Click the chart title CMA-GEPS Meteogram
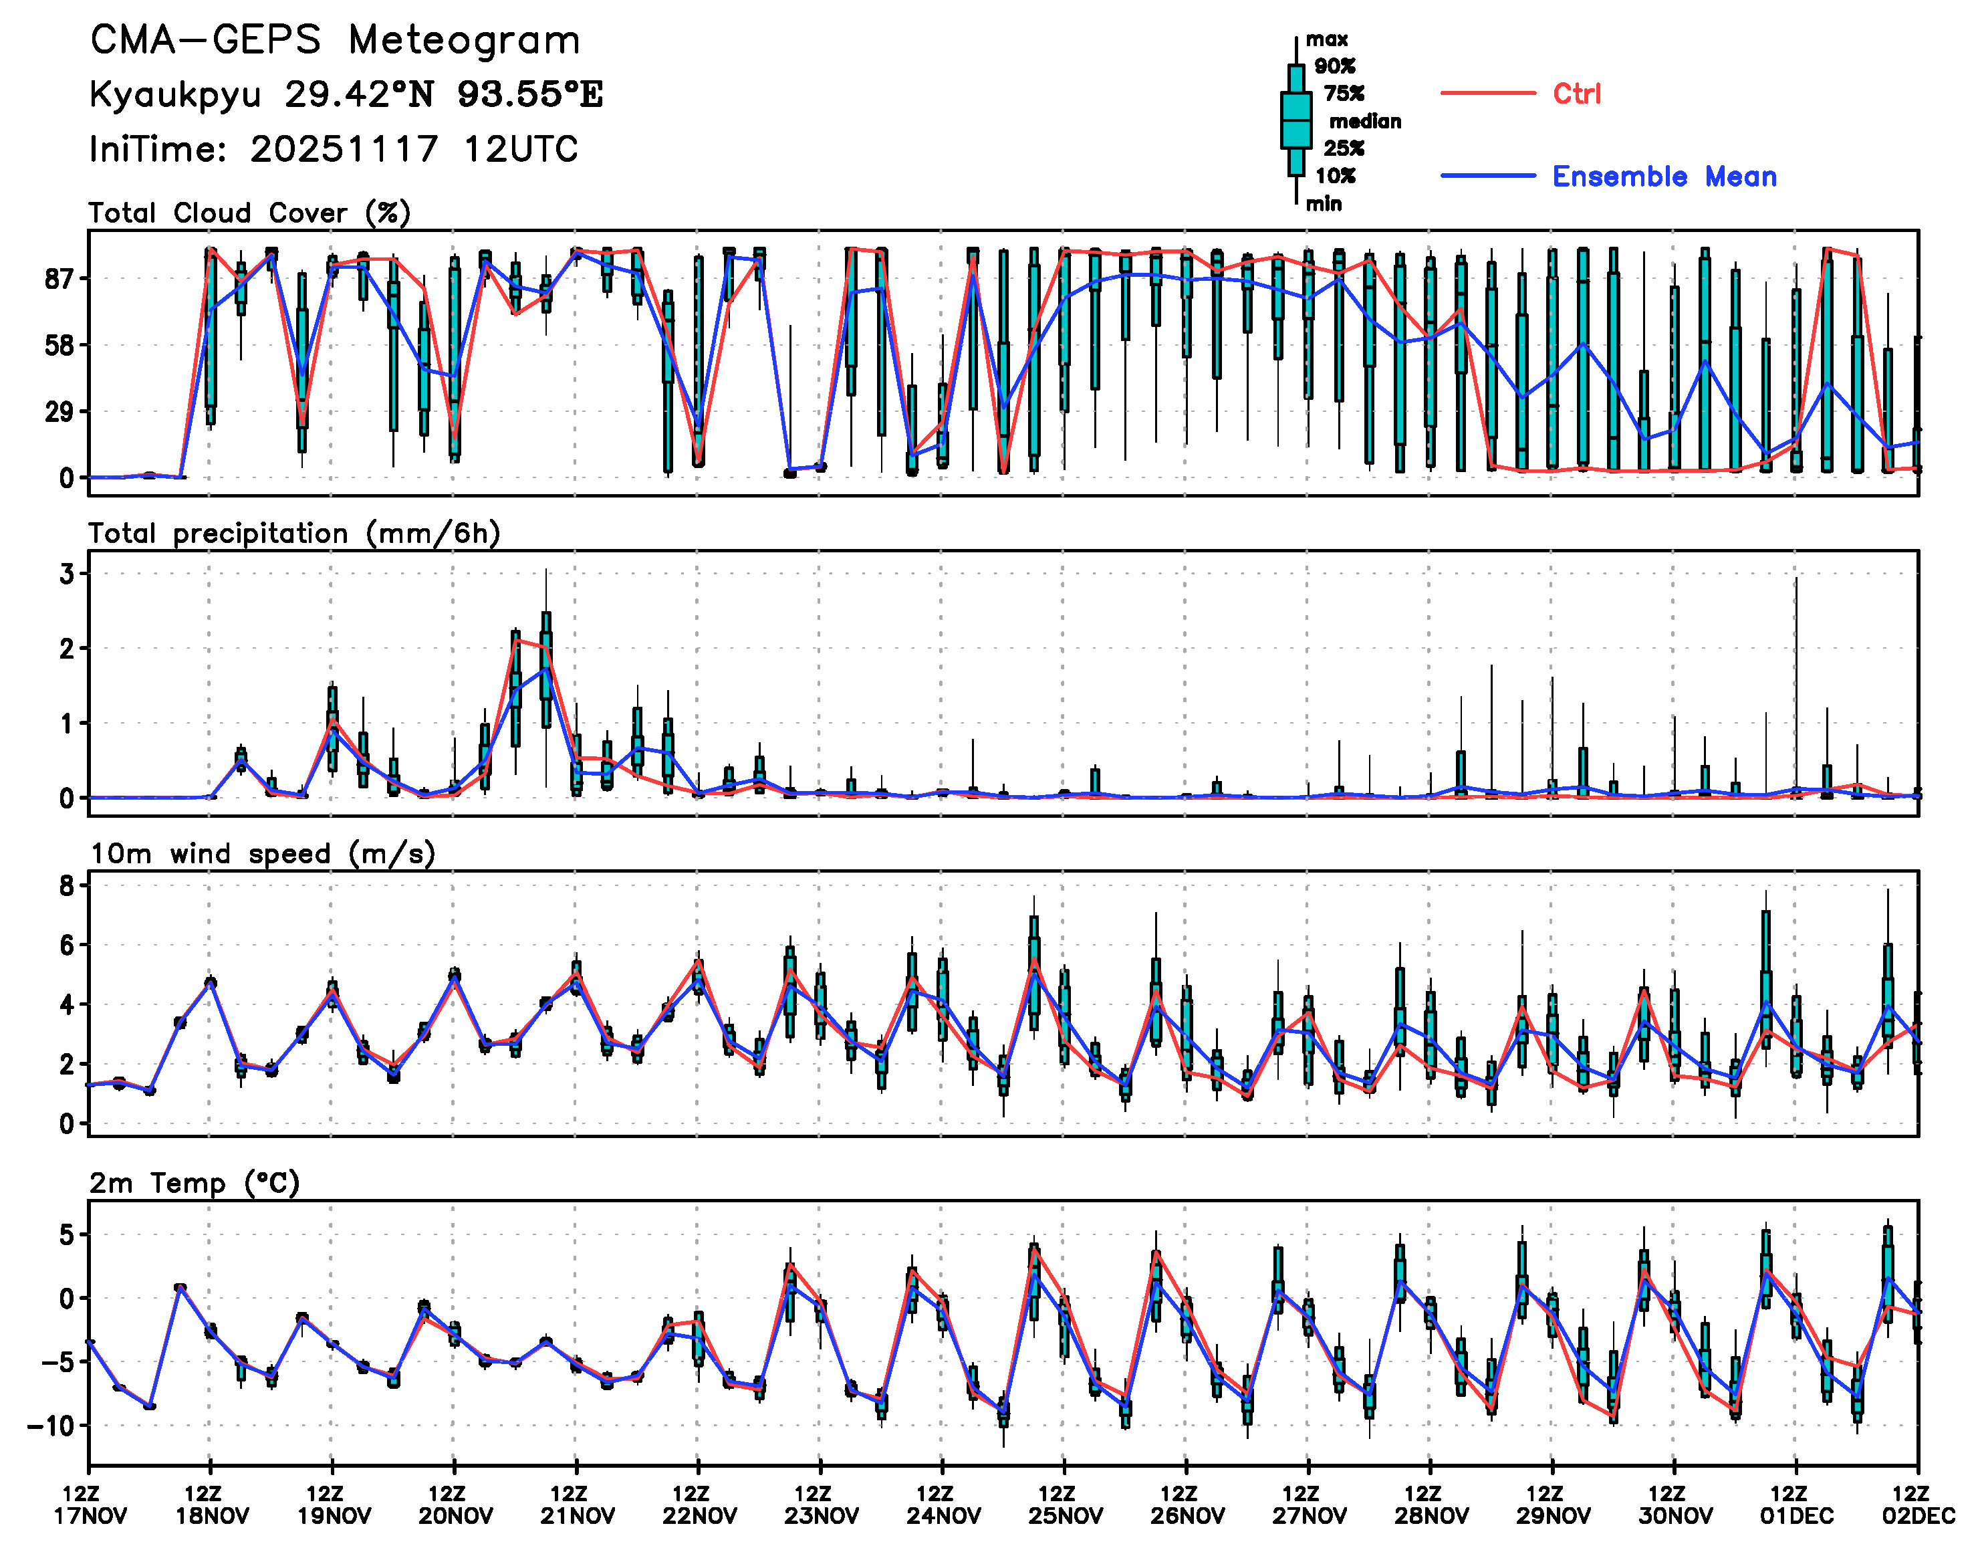click(335, 40)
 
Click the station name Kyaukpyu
click(175, 94)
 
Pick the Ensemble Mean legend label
click(1664, 177)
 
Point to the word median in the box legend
click(1365, 121)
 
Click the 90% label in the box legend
click(1334, 66)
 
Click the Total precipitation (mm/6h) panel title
click(294, 534)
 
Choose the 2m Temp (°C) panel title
click(195, 1183)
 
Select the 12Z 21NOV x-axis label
click(577, 1505)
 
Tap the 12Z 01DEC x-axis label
click(1796, 1505)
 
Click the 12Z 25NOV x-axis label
click(1064, 1505)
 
